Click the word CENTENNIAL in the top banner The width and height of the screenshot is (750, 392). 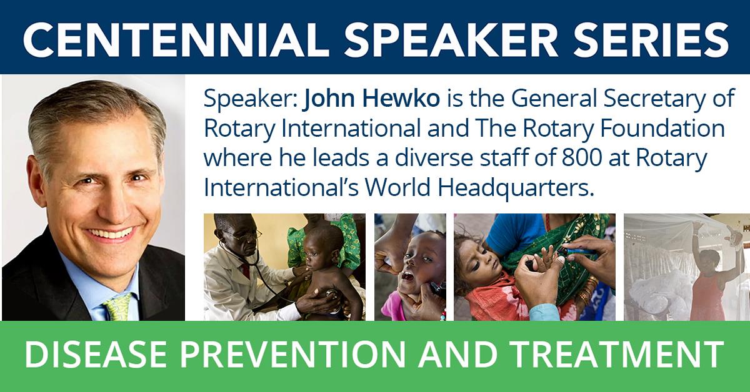pyautogui.click(x=176, y=40)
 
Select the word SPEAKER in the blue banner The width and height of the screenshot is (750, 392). pyautogui.click(x=451, y=40)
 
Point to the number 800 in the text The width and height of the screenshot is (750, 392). pyautogui.click(x=582, y=158)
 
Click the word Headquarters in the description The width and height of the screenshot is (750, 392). pyautogui.click(x=516, y=189)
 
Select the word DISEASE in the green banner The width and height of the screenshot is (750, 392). pyautogui.click(x=96, y=355)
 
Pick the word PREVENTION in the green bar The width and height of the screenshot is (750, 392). pyautogui.click(x=293, y=355)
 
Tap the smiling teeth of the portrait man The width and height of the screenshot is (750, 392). pyautogui.click(x=111, y=233)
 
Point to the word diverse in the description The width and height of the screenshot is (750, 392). pyautogui.click(x=434, y=158)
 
